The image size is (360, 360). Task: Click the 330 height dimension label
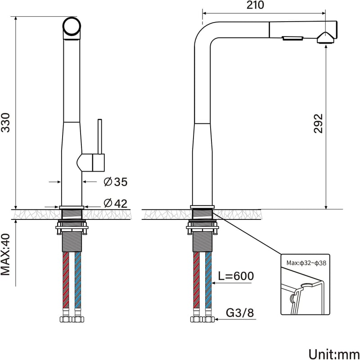(5, 123)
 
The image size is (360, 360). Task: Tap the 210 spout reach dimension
(255, 5)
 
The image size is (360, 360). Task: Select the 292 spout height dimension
(318, 123)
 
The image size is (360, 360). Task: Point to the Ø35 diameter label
(116, 182)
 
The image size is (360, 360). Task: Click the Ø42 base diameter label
(116, 203)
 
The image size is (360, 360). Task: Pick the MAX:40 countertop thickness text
(5, 255)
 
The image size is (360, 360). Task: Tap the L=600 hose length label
(236, 276)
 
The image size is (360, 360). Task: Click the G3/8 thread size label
(240, 313)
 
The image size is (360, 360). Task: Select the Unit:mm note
(334, 354)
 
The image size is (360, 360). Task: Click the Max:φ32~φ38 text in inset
(306, 263)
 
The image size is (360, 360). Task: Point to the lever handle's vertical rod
(99, 137)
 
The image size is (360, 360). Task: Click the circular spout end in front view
(72, 26)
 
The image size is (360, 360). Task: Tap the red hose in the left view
(66, 280)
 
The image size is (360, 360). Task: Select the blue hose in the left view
(78, 280)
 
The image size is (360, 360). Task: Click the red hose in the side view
(196, 280)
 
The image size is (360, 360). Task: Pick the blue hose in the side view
(208, 280)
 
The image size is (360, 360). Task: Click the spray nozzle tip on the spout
(325, 38)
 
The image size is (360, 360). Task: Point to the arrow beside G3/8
(235, 319)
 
